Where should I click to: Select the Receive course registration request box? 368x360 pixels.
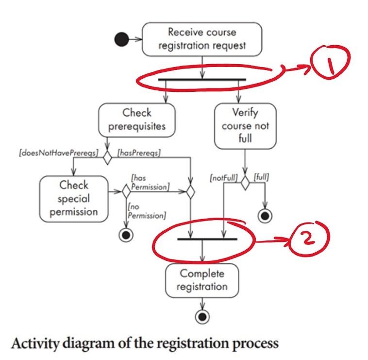point(202,39)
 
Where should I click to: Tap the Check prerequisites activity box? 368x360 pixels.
point(136,120)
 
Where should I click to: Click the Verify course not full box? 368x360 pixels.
point(245,125)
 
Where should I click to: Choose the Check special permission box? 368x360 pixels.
point(74,199)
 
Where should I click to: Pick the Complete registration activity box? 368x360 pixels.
point(202,280)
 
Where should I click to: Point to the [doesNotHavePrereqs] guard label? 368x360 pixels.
point(58,154)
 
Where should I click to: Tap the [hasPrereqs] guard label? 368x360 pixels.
point(139,154)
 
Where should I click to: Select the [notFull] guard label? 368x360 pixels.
point(223,178)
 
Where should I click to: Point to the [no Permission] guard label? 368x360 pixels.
point(146,211)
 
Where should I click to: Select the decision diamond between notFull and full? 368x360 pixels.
point(245,183)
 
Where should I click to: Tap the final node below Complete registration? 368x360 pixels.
point(202,317)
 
